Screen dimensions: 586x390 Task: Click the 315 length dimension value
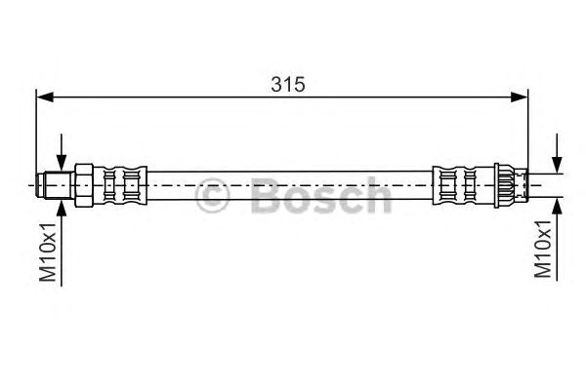288,85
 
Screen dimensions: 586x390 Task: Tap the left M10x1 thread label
48,252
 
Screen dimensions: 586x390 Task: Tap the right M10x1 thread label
543,249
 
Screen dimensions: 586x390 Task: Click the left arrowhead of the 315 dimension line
45,97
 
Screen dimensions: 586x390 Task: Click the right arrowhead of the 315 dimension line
520,97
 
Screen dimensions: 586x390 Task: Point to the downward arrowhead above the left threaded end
62,163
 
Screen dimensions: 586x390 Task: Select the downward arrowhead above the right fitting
557,165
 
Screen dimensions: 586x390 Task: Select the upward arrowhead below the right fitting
557,206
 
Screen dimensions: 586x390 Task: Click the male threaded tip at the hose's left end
56,185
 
